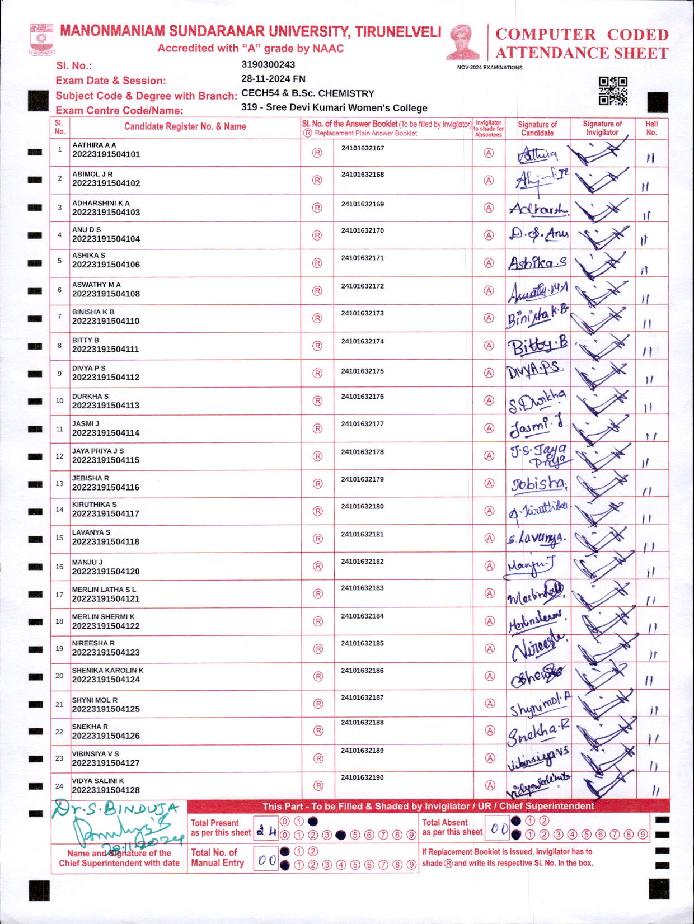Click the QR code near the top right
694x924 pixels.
coord(613,91)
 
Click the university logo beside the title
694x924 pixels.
coord(41,39)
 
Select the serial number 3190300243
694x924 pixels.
coord(268,64)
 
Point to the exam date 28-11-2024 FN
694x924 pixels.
coord(273,79)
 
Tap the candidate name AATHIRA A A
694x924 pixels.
coord(94,145)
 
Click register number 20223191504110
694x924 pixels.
coord(106,321)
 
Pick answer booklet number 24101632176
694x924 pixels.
coord(362,397)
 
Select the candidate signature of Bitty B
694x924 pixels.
coord(537,346)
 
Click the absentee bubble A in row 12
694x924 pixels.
coord(489,456)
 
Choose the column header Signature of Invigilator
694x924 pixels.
coord(602,128)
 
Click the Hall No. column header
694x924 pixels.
coord(651,128)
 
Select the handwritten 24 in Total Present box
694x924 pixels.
coord(266,831)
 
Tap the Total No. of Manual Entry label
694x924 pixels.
coord(217,857)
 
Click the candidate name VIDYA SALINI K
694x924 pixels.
coord(98,781)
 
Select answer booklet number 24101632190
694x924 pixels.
coord(362,777)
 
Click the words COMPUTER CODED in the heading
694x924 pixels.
coord(582,35)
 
